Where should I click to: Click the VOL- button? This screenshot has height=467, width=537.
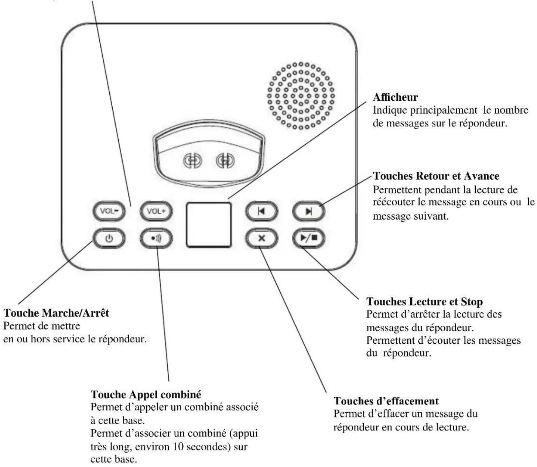click(109, 212)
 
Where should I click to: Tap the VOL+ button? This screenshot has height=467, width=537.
click(156, 212)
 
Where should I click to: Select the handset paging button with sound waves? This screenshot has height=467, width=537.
click(156, 238)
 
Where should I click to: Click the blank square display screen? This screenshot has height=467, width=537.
click(209, 224)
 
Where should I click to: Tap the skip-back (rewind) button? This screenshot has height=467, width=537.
click(261, 212)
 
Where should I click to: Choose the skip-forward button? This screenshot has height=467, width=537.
click(309, 212)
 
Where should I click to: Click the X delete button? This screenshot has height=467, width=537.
click(261, 238)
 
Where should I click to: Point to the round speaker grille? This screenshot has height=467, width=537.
click(301, 96)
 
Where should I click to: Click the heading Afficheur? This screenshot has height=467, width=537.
click(395, 97)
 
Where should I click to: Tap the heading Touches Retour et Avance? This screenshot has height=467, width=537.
click(436, 176)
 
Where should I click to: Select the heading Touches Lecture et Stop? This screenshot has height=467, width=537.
click(424, 302)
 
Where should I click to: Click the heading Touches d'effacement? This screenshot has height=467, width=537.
click(386, 401)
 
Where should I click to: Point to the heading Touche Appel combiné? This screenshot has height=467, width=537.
click(146, 394)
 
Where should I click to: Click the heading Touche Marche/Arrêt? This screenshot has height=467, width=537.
click(56, 313)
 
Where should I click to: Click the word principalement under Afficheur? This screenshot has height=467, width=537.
click(444, 110)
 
